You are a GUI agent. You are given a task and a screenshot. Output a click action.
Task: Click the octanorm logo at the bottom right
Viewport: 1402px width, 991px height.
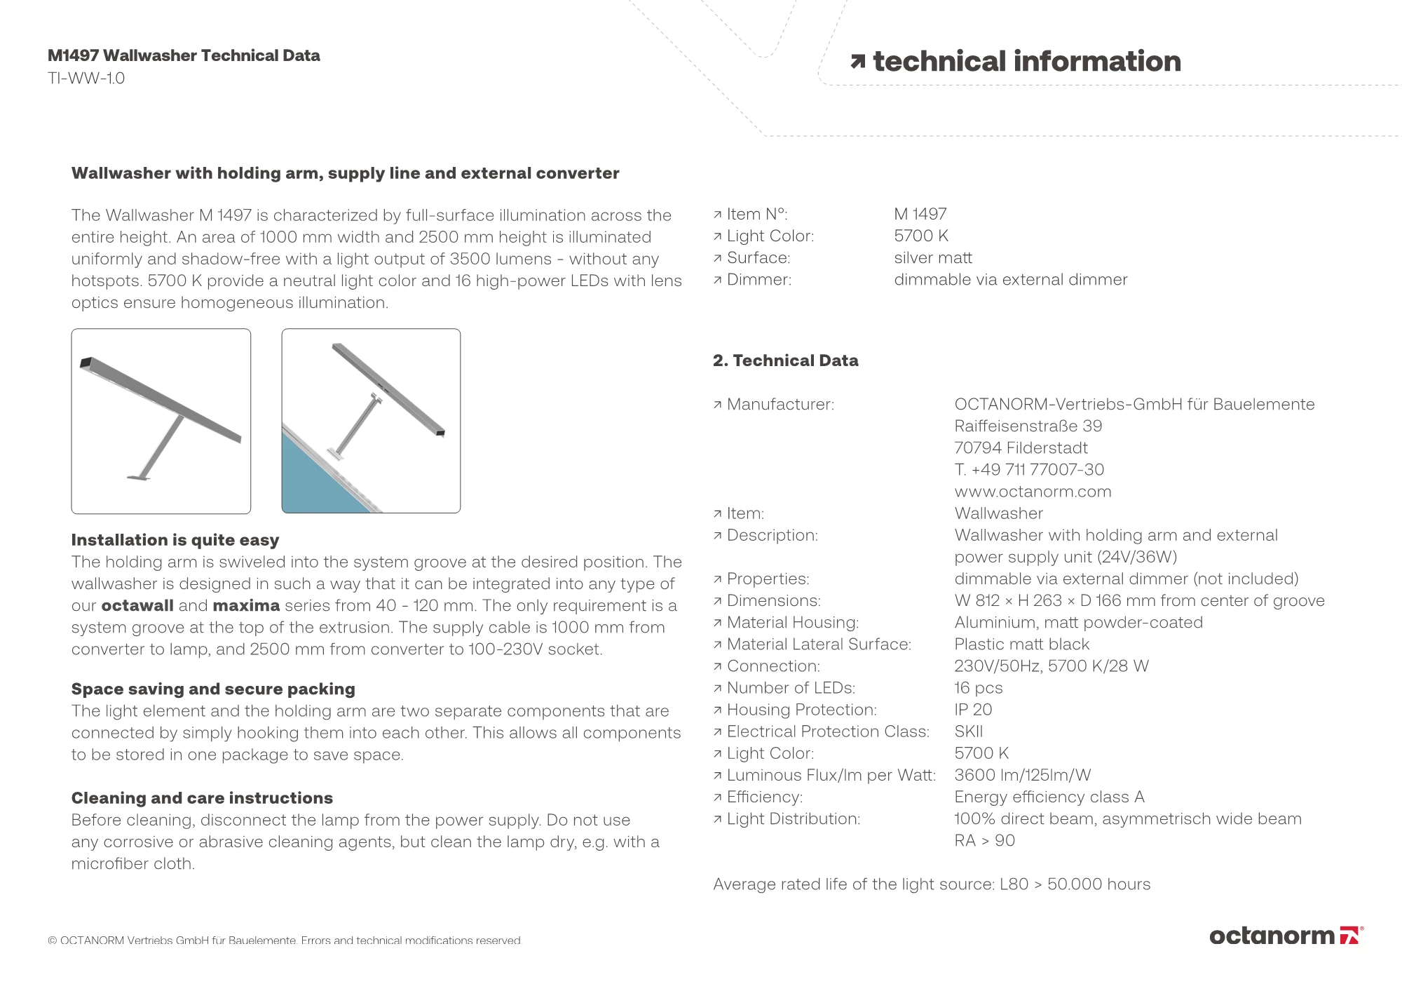point(1286,936)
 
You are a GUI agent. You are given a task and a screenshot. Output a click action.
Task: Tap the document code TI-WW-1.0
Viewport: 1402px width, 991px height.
point(86,78)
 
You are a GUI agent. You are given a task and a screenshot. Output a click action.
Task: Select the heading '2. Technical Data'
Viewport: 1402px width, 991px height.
point(785,360)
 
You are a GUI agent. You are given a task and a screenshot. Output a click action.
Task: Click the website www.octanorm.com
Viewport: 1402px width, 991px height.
point(1033,492)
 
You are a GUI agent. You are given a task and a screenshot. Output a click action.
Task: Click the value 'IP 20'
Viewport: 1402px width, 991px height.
point(973,710)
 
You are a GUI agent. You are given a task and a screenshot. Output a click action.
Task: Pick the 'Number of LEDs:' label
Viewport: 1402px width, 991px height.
point(791,688)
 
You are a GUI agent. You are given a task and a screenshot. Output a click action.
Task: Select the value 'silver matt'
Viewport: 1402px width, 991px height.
point(933,258)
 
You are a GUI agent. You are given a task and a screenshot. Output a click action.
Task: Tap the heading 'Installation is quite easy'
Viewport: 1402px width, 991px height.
point(175,540)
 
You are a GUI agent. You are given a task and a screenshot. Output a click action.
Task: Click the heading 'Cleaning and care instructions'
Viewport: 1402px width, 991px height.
point(202,798)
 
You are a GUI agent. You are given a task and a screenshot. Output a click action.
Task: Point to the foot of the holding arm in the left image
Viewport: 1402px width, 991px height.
point(139,478)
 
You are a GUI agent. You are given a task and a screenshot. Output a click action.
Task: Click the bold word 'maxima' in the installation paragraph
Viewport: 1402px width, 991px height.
point(246,606)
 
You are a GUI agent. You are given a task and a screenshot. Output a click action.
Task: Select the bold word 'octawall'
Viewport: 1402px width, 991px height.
point(137,606)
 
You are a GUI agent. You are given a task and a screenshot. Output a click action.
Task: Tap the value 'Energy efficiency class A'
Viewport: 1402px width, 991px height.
point(1049,797)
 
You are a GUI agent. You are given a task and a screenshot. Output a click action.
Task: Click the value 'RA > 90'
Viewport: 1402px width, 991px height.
point(984,840)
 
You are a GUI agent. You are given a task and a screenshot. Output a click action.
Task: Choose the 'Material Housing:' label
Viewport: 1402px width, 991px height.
point(792,623)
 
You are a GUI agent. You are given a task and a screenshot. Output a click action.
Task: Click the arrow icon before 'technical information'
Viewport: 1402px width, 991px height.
point(857,62)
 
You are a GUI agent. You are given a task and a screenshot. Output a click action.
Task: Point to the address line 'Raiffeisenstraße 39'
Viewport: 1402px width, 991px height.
point(1028,426)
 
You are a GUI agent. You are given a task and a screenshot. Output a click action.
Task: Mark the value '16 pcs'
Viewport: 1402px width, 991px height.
point(978,688)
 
